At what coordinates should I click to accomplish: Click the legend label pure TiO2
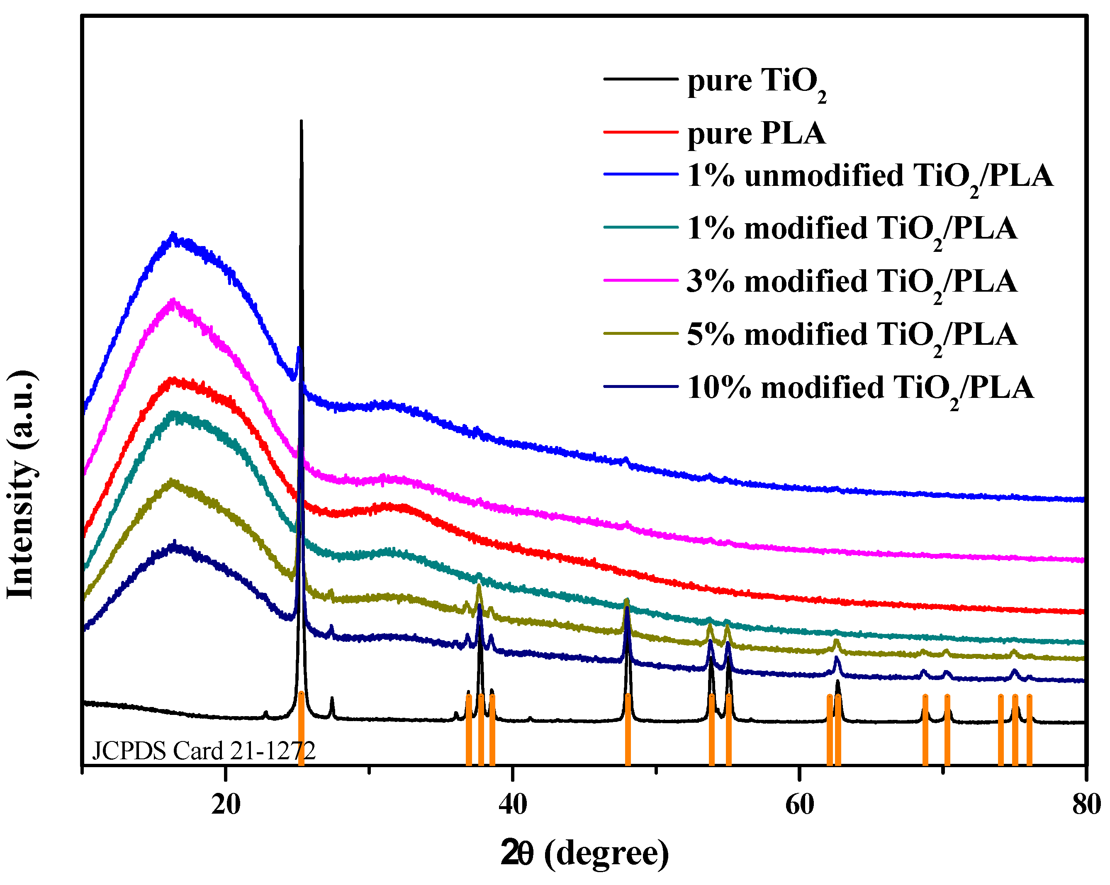(x=757, y=83)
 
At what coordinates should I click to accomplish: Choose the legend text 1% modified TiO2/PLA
(x=852, y=229)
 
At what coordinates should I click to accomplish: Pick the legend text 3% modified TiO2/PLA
(x=852, y=283)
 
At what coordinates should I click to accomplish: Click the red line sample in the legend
(x=640, y=132)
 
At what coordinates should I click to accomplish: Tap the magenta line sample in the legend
(x=640, y=280)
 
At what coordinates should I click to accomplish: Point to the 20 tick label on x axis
(x=226, y=804)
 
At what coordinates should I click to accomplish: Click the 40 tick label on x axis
(x=513, y=804)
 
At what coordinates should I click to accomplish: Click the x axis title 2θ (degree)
(x=585, y=853)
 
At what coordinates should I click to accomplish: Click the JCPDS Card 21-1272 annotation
(x=203, y=751)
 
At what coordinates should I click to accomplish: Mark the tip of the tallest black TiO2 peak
(x=301, y=122)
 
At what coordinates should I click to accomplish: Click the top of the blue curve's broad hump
(x=173, y=235)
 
